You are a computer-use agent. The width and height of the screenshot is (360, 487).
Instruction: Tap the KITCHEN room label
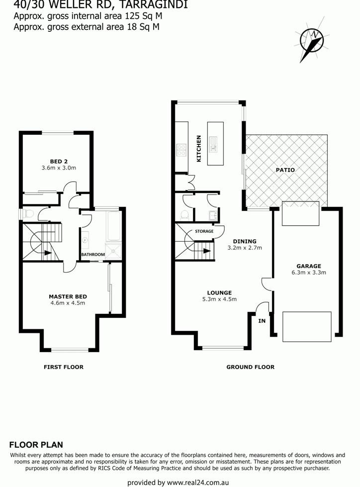coord(199,148)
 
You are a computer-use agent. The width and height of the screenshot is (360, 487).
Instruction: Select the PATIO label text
coord(285,170)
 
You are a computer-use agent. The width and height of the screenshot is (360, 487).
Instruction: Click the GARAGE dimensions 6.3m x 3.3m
coord(309,273)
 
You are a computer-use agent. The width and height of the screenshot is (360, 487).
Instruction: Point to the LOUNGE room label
coord(219,292)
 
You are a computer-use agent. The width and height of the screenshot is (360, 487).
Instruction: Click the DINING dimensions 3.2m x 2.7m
coord(245,248)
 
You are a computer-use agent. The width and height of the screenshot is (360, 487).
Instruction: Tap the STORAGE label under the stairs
coord(204,231)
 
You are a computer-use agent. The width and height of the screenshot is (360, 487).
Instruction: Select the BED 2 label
coord(59,161)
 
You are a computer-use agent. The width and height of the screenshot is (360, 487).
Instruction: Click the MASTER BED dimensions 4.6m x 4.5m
coord(68,303)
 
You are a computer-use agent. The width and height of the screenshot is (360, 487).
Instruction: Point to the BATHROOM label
coord(93,254)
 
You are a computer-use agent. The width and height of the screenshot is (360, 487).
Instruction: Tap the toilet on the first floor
coord(27,214)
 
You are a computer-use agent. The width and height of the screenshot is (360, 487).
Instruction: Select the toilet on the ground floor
coord(184,214)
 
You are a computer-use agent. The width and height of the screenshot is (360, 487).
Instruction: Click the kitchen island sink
coord(213,145)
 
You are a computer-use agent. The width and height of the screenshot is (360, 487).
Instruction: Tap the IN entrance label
coord(262,321)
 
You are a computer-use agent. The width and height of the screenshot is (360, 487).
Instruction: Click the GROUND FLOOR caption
coord(251,367)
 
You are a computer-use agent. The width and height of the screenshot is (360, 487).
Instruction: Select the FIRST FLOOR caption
coord(64,367)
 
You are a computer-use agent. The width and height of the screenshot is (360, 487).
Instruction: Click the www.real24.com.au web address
coord(198,483)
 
